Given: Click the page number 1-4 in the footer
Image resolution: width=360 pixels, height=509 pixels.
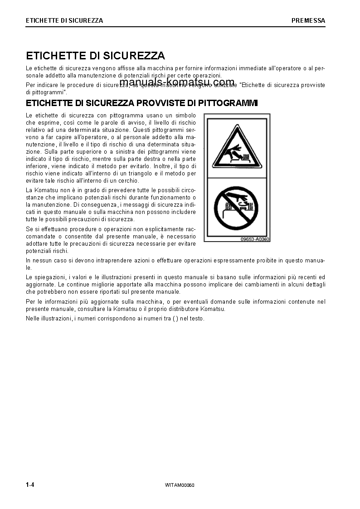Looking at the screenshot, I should [30, 485].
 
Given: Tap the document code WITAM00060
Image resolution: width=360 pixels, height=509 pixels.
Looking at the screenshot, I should [180, 485].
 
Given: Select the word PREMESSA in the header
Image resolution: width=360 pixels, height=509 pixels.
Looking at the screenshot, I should [308, 20].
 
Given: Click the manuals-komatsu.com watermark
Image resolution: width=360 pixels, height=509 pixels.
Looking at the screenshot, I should [177, 82].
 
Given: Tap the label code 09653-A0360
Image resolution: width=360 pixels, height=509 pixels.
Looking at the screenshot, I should [255, 239].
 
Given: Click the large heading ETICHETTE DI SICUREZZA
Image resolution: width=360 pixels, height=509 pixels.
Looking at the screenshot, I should [95, 56].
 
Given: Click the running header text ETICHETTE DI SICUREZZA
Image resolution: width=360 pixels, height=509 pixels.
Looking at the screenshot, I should [64, 20].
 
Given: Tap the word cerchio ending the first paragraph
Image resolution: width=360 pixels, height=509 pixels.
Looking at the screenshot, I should [128, 180].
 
